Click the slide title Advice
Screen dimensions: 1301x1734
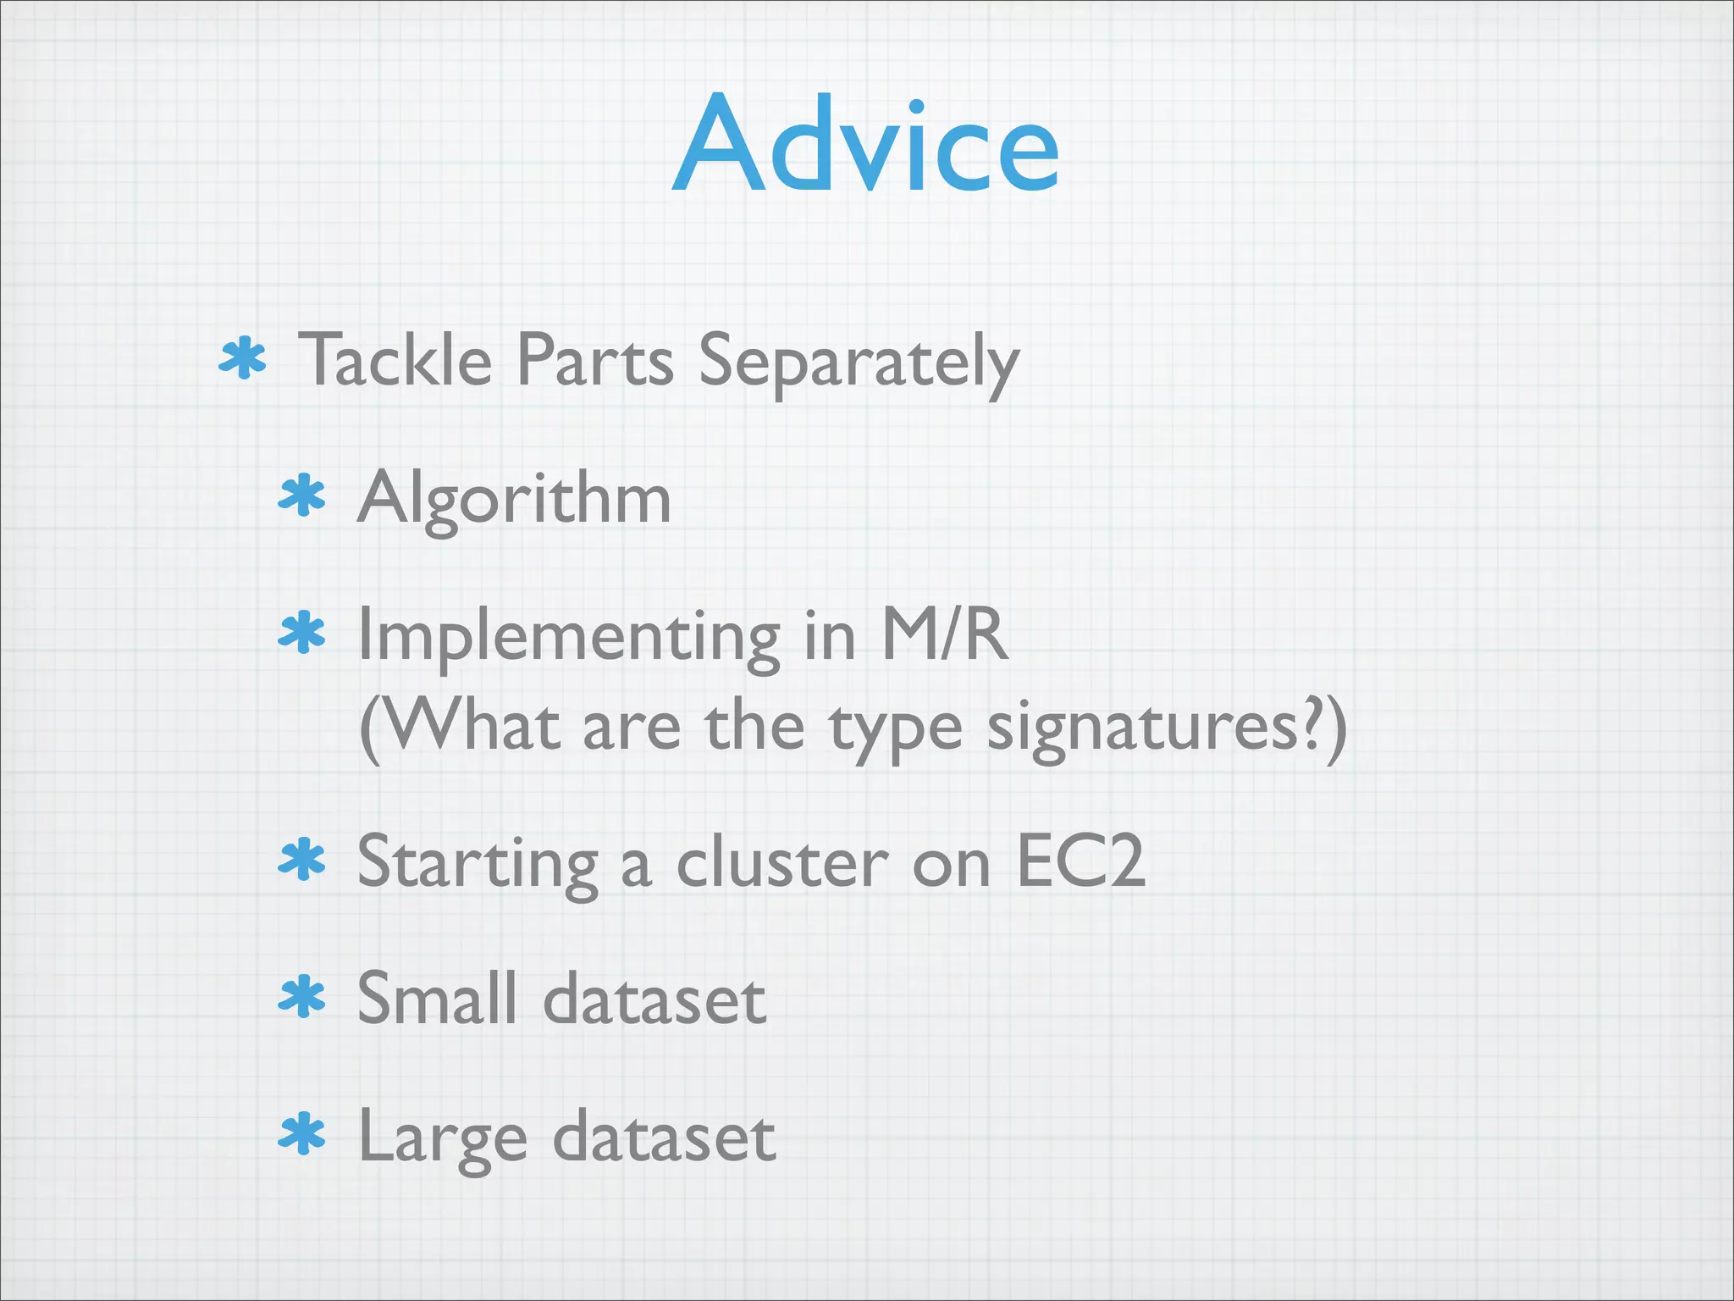pyautogui.click(x=865, y=144)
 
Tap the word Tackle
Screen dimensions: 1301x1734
pyautogui.click(x=395, y=360)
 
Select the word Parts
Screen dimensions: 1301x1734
pyautogui.click(x=595, y=360)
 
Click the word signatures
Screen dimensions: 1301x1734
pyautogui.click(x=1143, y=728)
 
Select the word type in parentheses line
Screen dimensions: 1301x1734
pyautogui.click(x=895, y=730)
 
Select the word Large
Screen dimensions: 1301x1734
pyautogui.click(x=443, y=1138)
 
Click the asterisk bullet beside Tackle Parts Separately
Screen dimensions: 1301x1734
pyautogui.click(x=242, y=359)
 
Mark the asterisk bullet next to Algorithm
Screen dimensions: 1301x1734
pyautogui.click(x=301, y=497)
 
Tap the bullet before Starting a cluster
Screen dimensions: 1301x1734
pyautogui.click(x=301, y=861)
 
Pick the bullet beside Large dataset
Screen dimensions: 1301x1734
pyautogui.click(x=301, y=1136)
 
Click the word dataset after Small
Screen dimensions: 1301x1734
pyautogui.click(x=654, y=999)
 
